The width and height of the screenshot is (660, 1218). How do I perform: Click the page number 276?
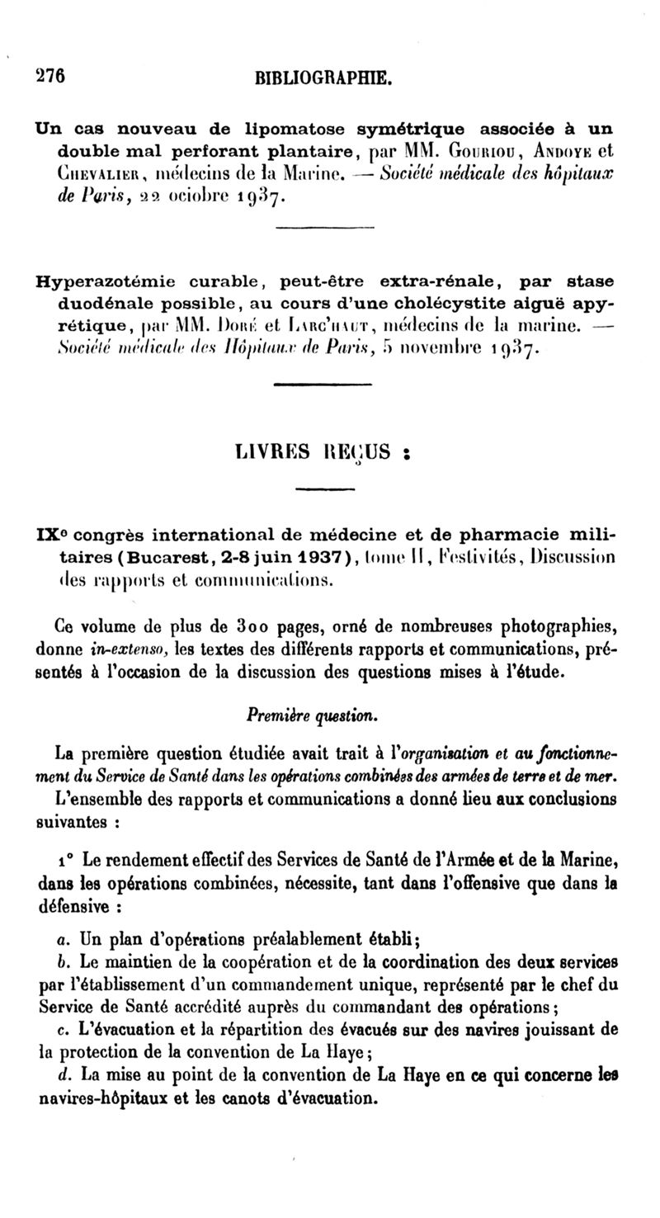50,74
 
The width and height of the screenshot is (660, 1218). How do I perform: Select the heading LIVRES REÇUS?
323,452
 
